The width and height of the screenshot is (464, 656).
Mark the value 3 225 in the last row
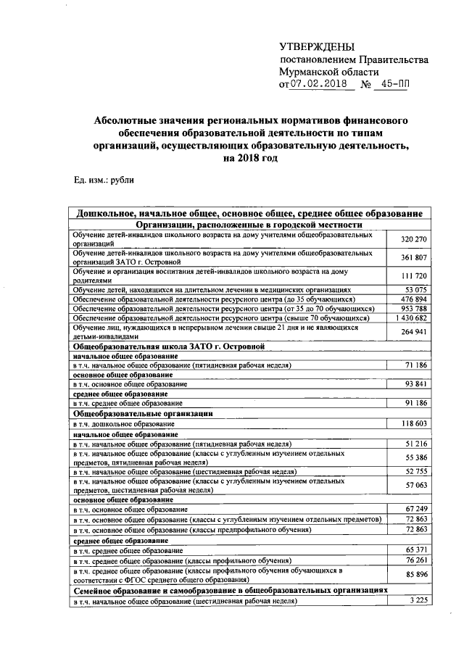[418, 601]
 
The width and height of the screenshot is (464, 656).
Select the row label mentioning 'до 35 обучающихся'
[213, 299]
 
